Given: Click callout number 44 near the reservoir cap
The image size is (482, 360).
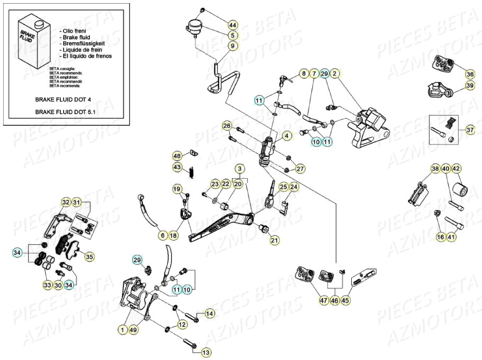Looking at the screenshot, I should (233, 25).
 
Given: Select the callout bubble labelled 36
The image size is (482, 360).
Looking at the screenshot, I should (470, 74).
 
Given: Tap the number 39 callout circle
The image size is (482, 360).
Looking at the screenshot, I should (470, 86).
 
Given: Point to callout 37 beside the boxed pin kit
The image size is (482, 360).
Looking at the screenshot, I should (470, 130).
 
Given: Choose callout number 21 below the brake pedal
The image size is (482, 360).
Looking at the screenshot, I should (275, 241).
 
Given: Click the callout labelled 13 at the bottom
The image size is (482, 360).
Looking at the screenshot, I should (206, 352).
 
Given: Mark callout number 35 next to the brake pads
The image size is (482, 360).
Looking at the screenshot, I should (89, 257).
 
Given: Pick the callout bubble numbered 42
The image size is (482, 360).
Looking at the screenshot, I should (457, 169).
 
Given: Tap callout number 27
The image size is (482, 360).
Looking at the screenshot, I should (300, 169).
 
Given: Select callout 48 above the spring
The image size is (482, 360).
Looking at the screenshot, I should (177, 156).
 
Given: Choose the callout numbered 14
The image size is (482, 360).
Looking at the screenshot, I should (209, 314).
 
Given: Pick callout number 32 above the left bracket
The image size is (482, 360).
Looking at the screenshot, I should (66, 202).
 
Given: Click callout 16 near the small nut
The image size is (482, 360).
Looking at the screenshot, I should (440, 237).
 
